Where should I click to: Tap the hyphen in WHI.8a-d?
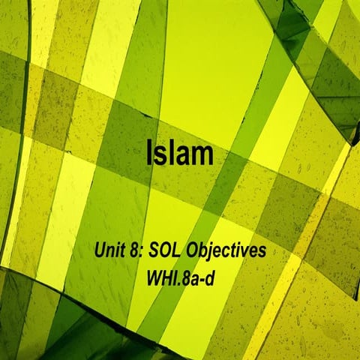[x=203, y=274]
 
